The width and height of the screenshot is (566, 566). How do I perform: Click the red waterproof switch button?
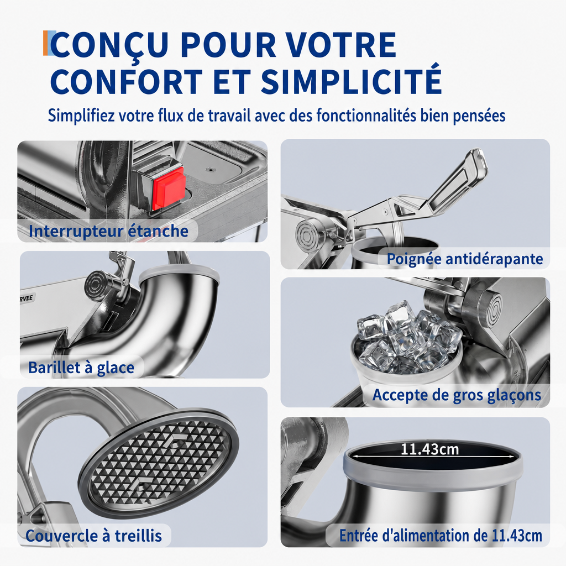(169, 188)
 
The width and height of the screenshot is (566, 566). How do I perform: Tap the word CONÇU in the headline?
(109, 44)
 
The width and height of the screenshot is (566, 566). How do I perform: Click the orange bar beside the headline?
(45, 43)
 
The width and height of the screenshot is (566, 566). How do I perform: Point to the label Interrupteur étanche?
(108, 231)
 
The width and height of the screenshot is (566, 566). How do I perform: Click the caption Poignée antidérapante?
(464, 259)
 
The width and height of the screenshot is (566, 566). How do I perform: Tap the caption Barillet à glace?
(81, 368)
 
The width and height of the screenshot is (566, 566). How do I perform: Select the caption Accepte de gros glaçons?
(457, 395)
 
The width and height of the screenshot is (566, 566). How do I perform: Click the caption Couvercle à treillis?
(93, 536)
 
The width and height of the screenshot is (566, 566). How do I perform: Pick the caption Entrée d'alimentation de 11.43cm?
(441, 536)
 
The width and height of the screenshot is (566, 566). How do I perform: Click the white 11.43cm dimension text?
(429, 449)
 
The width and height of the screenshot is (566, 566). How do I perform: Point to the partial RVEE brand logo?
(26, 298)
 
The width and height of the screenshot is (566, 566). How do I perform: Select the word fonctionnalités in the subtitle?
(366, 116)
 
